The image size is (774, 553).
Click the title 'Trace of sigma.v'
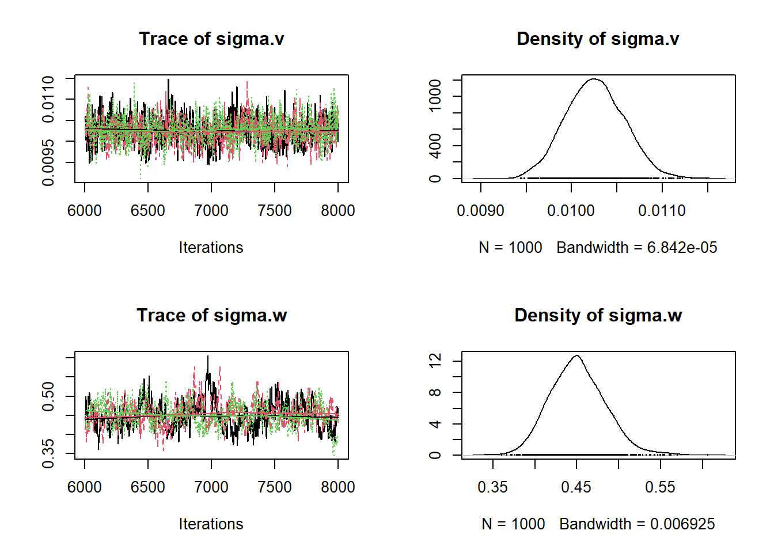[211, 39]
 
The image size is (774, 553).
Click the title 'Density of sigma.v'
[598, 39]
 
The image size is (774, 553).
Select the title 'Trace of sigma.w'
[211, 315]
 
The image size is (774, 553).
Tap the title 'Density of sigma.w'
[598, 315]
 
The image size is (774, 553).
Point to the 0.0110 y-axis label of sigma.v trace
[48, 99]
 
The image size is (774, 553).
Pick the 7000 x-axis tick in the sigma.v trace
[211, 211]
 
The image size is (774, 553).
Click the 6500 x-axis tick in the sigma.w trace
[148, 487]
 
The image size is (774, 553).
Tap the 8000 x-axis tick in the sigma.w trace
[338, 487]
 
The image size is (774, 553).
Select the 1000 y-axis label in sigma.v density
[435, 96]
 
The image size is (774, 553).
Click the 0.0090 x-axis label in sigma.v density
[480, 211]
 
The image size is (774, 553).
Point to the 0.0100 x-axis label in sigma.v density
[571, 211]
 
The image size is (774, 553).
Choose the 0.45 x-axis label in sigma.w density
[576, 487]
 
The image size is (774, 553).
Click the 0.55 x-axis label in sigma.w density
[660, 487]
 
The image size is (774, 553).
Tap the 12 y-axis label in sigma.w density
[435, 361]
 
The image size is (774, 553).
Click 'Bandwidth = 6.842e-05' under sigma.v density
[637, 248]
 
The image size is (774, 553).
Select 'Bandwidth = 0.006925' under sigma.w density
[637, 524]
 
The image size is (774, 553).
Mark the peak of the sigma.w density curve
[576, 355]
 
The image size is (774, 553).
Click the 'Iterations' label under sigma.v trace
[211, 248]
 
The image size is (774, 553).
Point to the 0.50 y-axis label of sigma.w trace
[48, 396]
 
